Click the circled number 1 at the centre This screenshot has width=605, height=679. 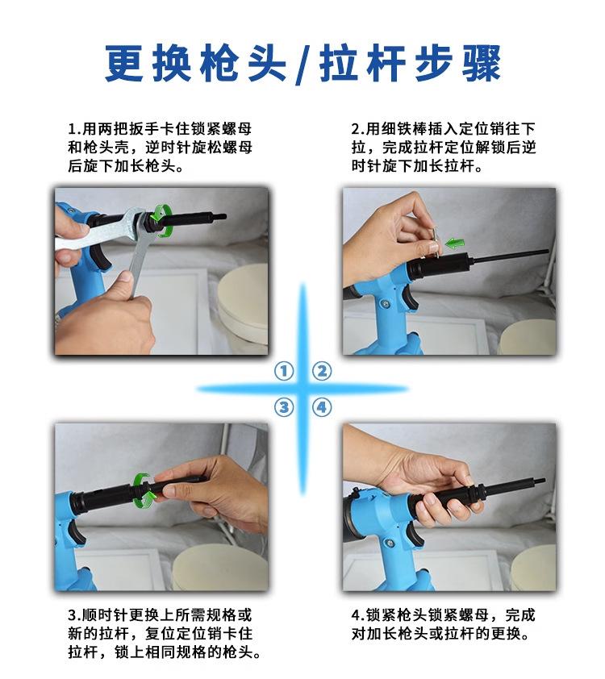tap(284, 371)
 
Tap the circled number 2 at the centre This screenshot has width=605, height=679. tap(322, 371)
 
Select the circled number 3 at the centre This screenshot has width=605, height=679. tap(284, 407)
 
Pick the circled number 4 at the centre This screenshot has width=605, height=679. tap(322, 407)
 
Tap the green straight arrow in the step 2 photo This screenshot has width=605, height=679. tap(455, 243)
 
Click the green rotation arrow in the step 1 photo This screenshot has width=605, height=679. tap(161, 221)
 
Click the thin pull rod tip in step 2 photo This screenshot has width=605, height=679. tap(547, 251)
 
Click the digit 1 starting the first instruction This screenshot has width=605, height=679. tap(72, 129)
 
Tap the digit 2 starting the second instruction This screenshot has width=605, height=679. tap(356, 129)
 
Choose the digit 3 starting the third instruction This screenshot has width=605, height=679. tap(73, 615)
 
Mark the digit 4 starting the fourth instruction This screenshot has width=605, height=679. tap(356, 615)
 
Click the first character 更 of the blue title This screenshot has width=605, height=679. tap(124, 63)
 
